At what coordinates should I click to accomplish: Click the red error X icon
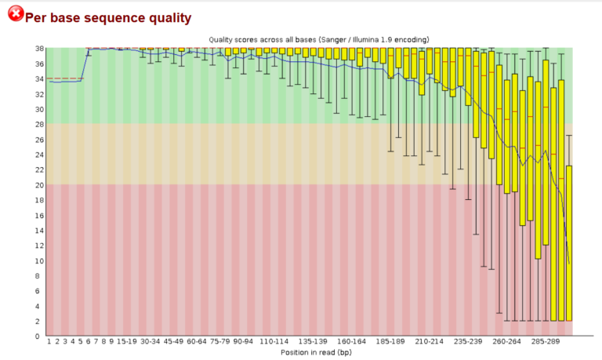15,15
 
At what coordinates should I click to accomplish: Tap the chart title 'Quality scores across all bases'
258,39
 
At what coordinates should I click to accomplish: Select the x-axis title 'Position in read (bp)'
310,352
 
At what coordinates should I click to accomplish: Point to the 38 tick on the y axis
39,49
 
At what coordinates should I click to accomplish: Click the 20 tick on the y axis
39,185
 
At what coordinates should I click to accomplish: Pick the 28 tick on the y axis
39,124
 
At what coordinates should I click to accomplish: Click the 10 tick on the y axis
39,260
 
